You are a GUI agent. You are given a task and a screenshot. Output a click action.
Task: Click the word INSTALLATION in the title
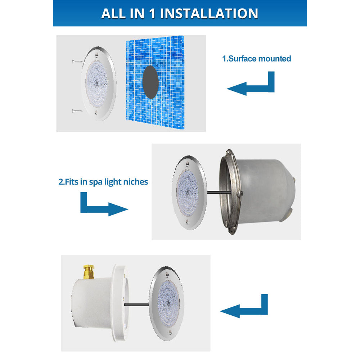point(209,13)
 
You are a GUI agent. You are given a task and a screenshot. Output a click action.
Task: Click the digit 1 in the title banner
point(150,13)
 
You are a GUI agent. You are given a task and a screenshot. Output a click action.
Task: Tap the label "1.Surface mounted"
point(257,59)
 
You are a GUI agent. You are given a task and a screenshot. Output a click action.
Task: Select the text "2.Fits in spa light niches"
point(103,182)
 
